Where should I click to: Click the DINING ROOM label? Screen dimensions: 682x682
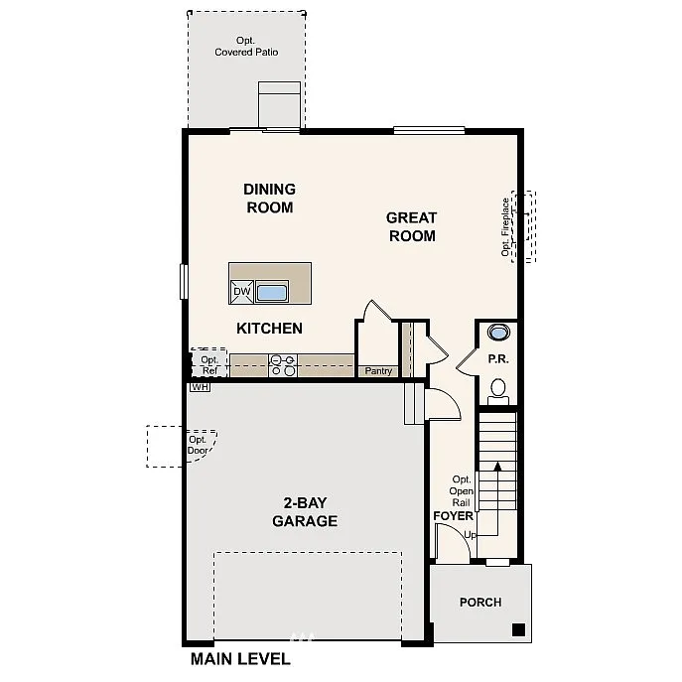tap(269, 199)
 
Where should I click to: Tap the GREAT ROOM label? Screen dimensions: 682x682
tap(412, 226)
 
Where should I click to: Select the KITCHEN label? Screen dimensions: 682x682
tap(269, 329)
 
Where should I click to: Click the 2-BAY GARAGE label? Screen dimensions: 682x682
tap(305, 512)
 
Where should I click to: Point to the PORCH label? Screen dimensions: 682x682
tap(479, 603)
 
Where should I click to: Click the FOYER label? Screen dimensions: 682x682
tap(454, 516)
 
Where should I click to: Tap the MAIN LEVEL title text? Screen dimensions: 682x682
tap(240, 659)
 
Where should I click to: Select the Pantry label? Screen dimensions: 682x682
tap(379, 371)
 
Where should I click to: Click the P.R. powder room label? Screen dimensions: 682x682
tap(497, 358)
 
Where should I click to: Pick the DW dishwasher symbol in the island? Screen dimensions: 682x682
tap(241, 291)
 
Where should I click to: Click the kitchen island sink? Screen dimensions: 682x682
tap(271, 292)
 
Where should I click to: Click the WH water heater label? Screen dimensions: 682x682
tap(200, 387)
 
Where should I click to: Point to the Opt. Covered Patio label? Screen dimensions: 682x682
tap(246, 47)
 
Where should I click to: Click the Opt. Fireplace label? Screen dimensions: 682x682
tap(505, 226)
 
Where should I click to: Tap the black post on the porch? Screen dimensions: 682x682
tap(517, 629)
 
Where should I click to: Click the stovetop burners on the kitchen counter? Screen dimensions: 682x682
tap(283, 366)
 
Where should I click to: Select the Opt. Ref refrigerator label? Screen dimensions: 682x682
tap(209, 365)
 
